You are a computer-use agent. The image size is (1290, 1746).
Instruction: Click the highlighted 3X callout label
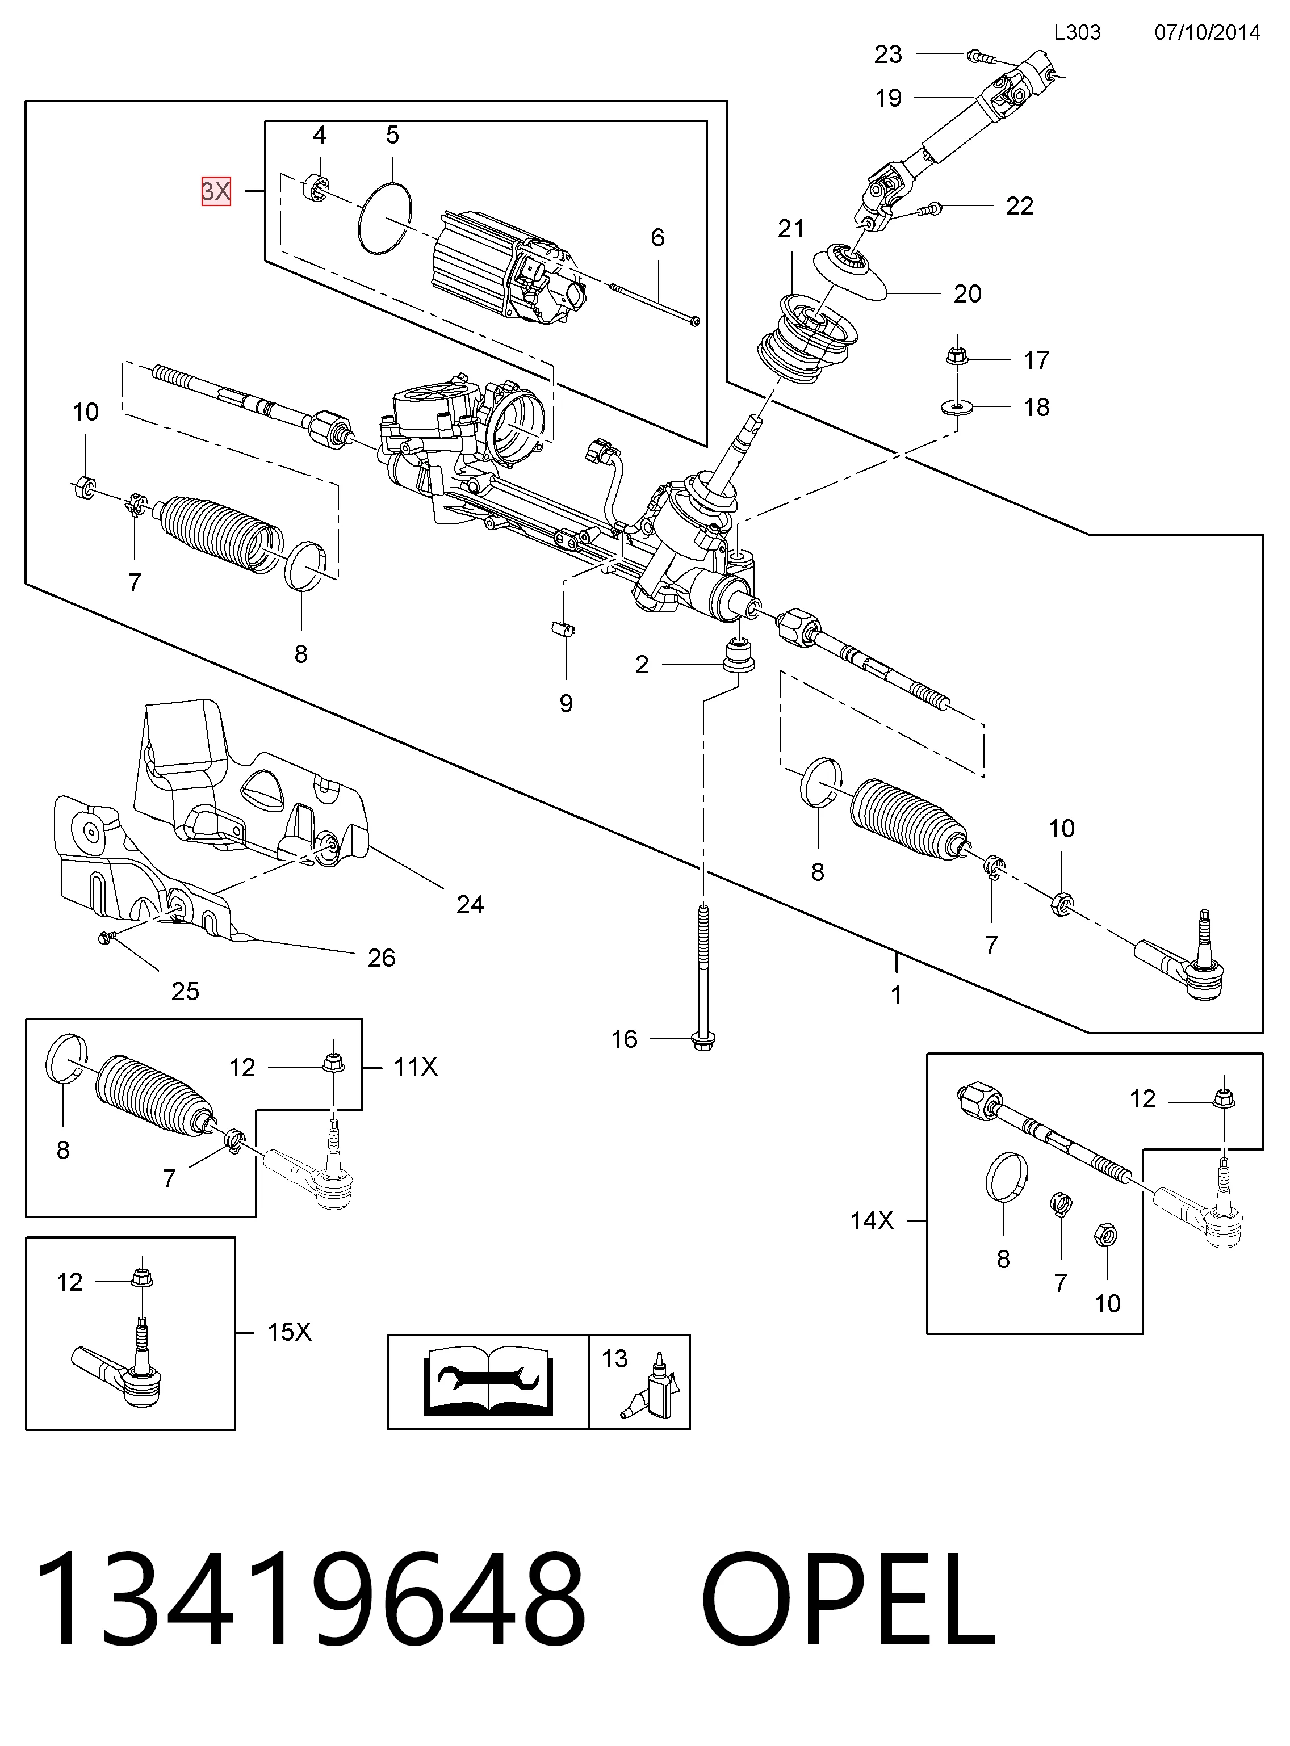pyautogui.click(x=216, y=191)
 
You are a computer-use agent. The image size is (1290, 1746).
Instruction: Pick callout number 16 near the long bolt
pyautogui.click(x=625, y=1039)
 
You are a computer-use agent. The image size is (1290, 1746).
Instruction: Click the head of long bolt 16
pyautogui.click(x=703, y=1040)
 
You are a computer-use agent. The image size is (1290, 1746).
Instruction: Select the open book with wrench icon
pyautogui.click(x=488, y=1382)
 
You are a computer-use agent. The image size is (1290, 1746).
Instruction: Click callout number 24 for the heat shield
pyautogui.click(x=470, y=905)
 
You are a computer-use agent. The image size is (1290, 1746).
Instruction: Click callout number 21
pyautogui.click(x=791, y=229)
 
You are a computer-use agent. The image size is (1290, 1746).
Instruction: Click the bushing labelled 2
pyautogui.click(x=739, y=654)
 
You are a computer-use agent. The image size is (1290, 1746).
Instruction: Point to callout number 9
pyautogui.click(x=566, y=703)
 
